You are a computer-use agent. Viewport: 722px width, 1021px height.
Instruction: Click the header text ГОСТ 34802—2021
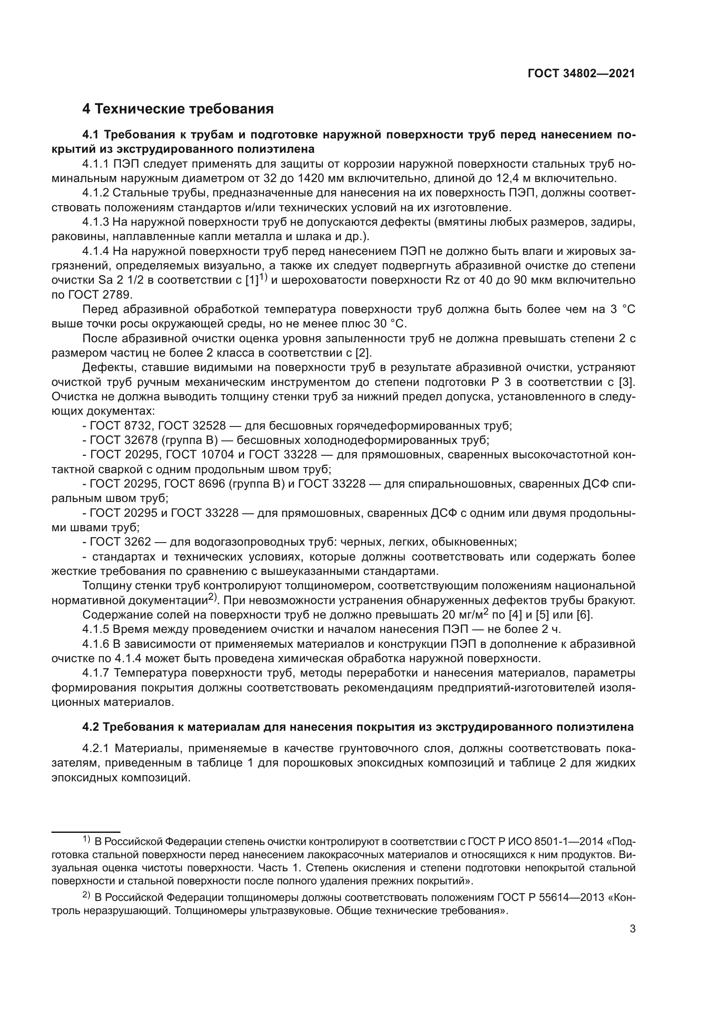581,74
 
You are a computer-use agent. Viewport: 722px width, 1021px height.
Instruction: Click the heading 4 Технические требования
178,109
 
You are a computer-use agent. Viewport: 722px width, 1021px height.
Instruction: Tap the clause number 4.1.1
95,164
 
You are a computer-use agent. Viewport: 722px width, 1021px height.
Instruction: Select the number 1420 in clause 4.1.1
311,179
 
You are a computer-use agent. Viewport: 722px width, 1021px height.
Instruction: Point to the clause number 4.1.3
95,222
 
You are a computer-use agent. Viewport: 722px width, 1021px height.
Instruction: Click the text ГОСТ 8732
118,426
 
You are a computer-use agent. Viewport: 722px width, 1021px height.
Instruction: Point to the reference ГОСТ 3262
118,542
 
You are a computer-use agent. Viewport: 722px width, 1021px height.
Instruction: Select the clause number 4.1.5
95,630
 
